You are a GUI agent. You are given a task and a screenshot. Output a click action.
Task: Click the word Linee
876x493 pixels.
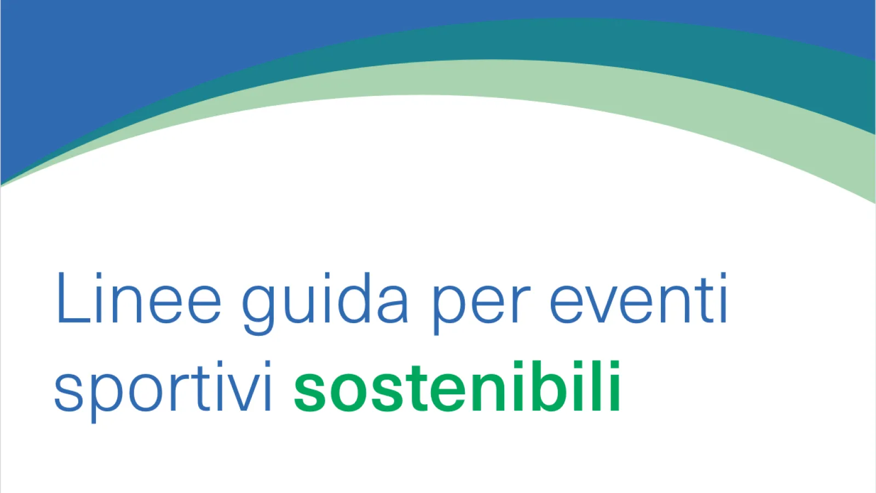pyautogui.click(x=139, y=298)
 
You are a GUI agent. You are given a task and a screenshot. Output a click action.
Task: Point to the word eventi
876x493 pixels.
pyautogui.click(x=638, y=298)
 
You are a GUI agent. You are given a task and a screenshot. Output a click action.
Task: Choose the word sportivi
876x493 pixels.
pyautogui.click(x=163, y=392)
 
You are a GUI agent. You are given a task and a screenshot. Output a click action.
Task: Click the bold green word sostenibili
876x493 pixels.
pyautogui.click(x=457, y=386)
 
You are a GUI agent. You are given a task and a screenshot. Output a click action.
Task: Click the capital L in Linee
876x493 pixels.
pyautogui.click(x=73, y=298)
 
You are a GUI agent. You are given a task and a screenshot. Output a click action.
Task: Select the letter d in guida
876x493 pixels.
pyautogui.click(x=354, y=298)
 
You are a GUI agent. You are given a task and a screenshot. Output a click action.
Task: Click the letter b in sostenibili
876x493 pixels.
pyautogui.click(x=547, y=386)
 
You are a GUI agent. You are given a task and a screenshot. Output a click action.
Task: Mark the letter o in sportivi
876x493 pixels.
pyautogui.click(x=146, y=393)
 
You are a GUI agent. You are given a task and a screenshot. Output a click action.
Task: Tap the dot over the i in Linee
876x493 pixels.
pyautogui.click(x=99, y=276)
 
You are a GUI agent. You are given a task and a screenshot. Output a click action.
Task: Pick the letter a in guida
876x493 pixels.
pyautogui.click(x=393, y=305)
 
